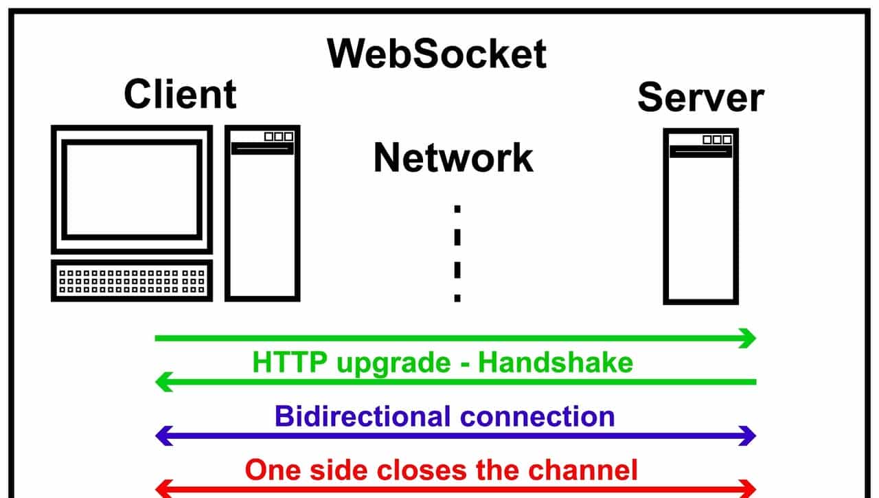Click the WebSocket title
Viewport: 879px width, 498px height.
pyautogui.click(x=437, y=54)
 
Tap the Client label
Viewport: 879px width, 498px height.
pyautogui.click(x=180, y=94)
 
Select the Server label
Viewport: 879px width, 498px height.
pyautogui.click(x=700, y=98)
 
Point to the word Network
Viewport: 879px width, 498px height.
pyautogui.click(x=453, y=157)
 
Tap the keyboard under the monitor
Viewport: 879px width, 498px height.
pyautogui.click(x=132, y=280)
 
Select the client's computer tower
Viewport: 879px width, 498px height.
pyautogui.click(x=262, y=213)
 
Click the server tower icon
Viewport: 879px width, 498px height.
pyautogui.click(x=700, y=216)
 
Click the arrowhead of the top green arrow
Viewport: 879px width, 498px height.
pyautogui.click(x=748, y=338)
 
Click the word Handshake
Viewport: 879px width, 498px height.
pyautogui.click(x=556, y=361)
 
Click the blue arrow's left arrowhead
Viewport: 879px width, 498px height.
pyautogui.click(x=164, y=435)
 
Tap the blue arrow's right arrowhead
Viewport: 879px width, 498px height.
pyautogui.click(x=748, y=435)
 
